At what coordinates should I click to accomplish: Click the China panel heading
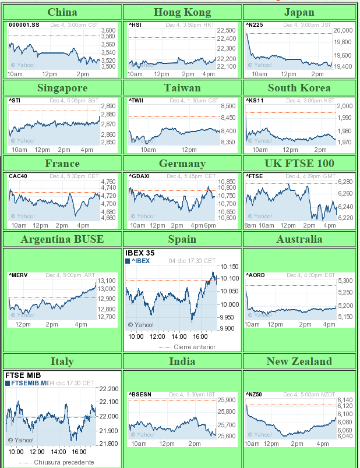point(62,12)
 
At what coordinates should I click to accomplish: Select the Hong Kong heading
point(182,12)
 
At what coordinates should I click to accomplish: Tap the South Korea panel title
point(299,88)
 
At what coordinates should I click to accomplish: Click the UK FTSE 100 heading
point(299,164)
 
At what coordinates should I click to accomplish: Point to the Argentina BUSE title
point(62,239)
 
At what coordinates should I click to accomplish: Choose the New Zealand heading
point(299,361)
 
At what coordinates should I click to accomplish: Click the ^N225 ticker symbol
point(254,25)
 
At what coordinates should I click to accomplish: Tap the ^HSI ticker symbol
point(135,25)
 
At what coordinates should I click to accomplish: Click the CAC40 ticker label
point(17,176)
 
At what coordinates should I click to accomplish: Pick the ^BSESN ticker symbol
point(140,395)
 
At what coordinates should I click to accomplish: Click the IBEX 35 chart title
point(140,253)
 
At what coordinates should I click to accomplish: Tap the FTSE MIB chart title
point(22,375)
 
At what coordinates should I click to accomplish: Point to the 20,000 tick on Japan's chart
point(343,30)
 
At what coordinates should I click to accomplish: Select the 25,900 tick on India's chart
point(226,400)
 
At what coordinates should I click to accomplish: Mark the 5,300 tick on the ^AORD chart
point(345,281)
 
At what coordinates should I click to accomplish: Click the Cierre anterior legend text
point(195,347)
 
